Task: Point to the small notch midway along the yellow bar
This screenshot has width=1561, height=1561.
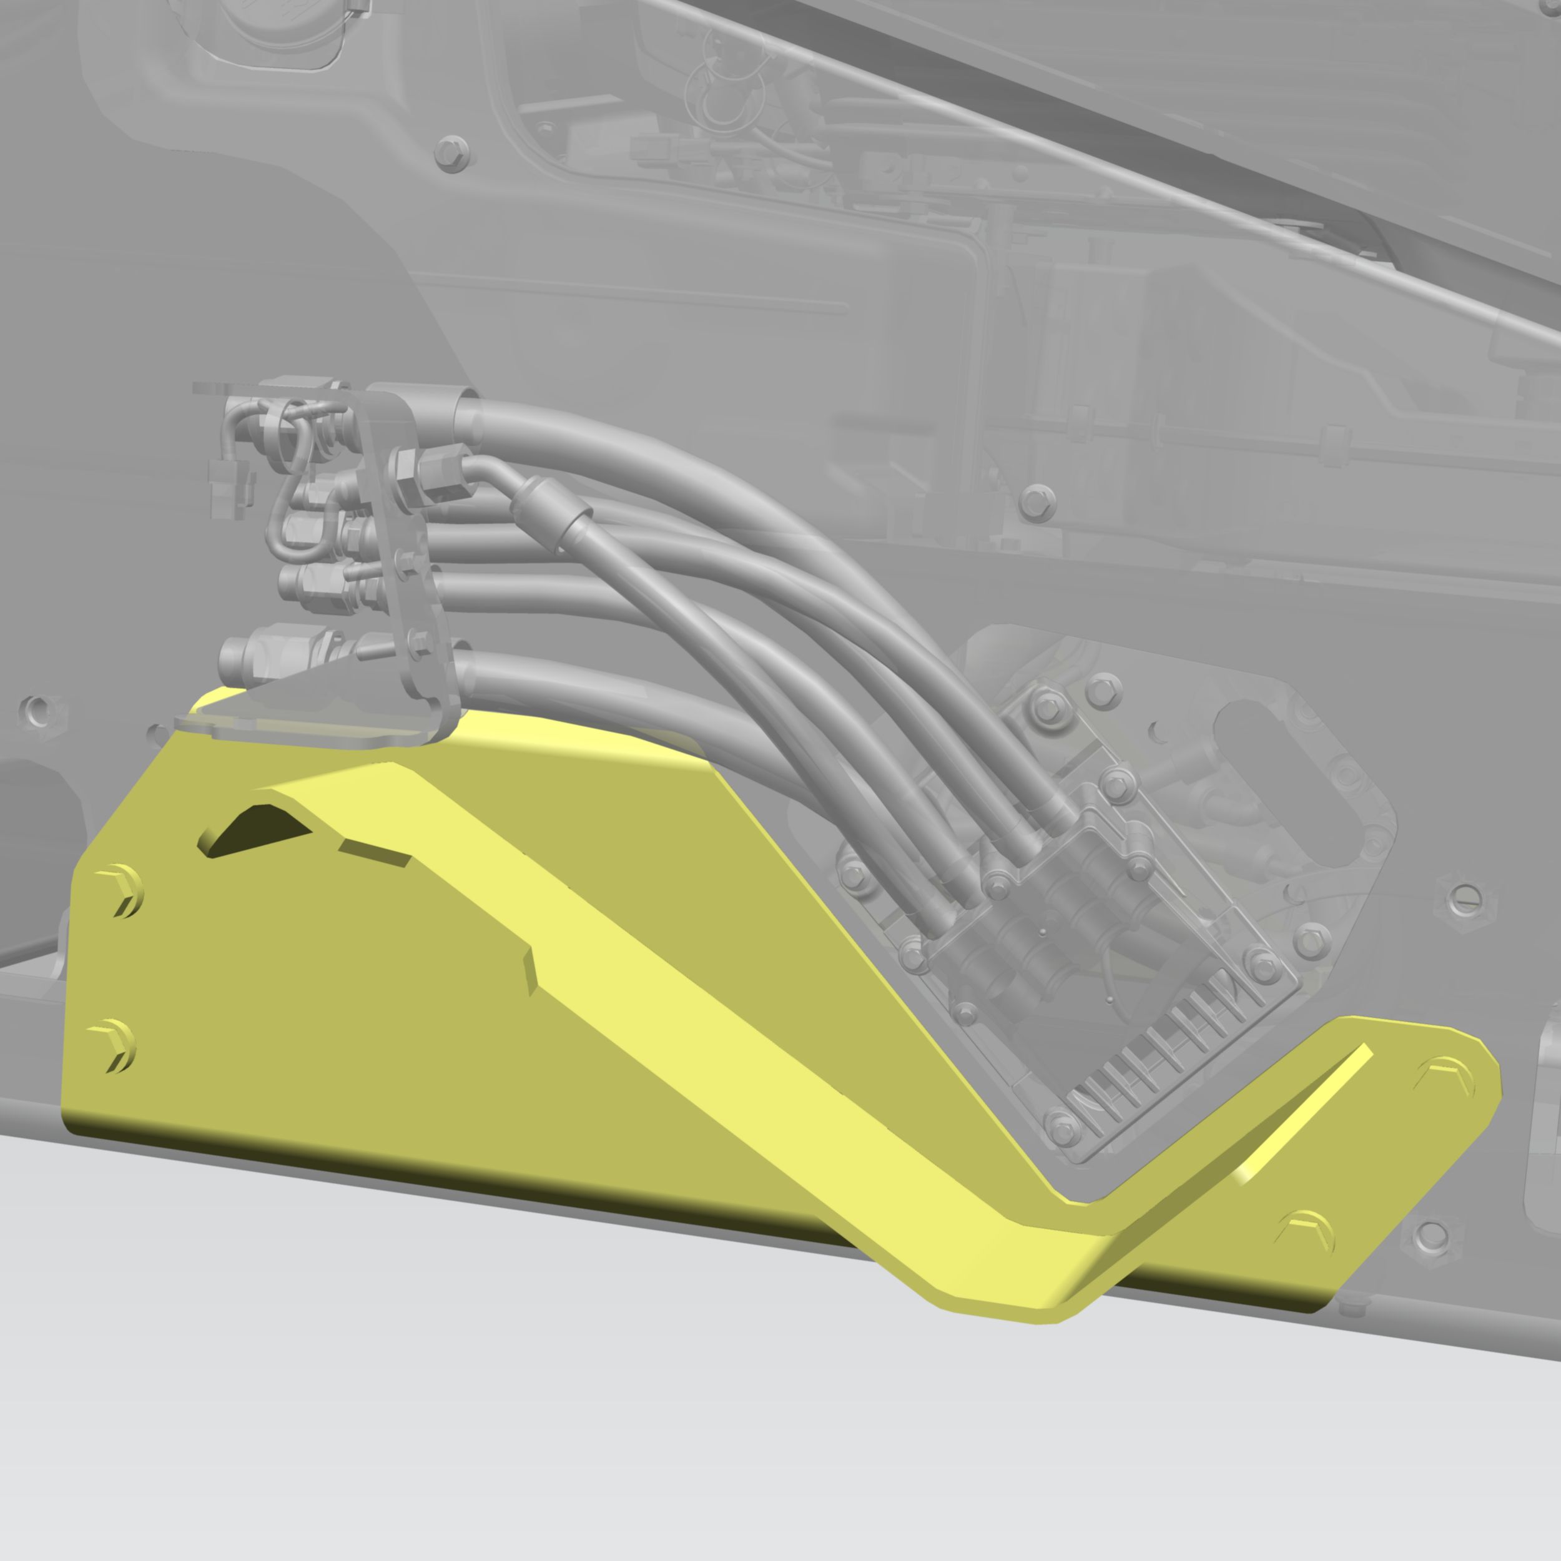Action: click(x=529, y=970)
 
